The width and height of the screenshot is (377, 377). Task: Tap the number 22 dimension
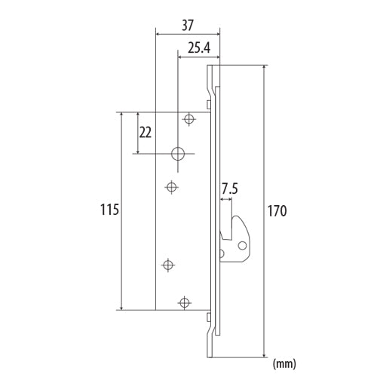click(x=146, y=132)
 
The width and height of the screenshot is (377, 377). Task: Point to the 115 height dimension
click(x=109, y=210)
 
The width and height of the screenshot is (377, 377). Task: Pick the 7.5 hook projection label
click(x=231, y=187)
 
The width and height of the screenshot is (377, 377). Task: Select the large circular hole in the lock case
click(x=178, y=153)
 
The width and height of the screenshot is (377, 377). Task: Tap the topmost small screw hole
click(x=188, y=118)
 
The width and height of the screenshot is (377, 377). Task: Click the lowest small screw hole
click(x=183, y=302)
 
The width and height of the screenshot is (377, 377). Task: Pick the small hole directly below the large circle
click(x=172, y=186)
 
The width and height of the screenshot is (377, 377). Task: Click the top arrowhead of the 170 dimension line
click(x=265, y=67)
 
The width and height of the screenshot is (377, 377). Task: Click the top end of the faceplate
click(x=213, y=66)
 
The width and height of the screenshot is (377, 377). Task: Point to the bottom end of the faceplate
click(x=213, y=355)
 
